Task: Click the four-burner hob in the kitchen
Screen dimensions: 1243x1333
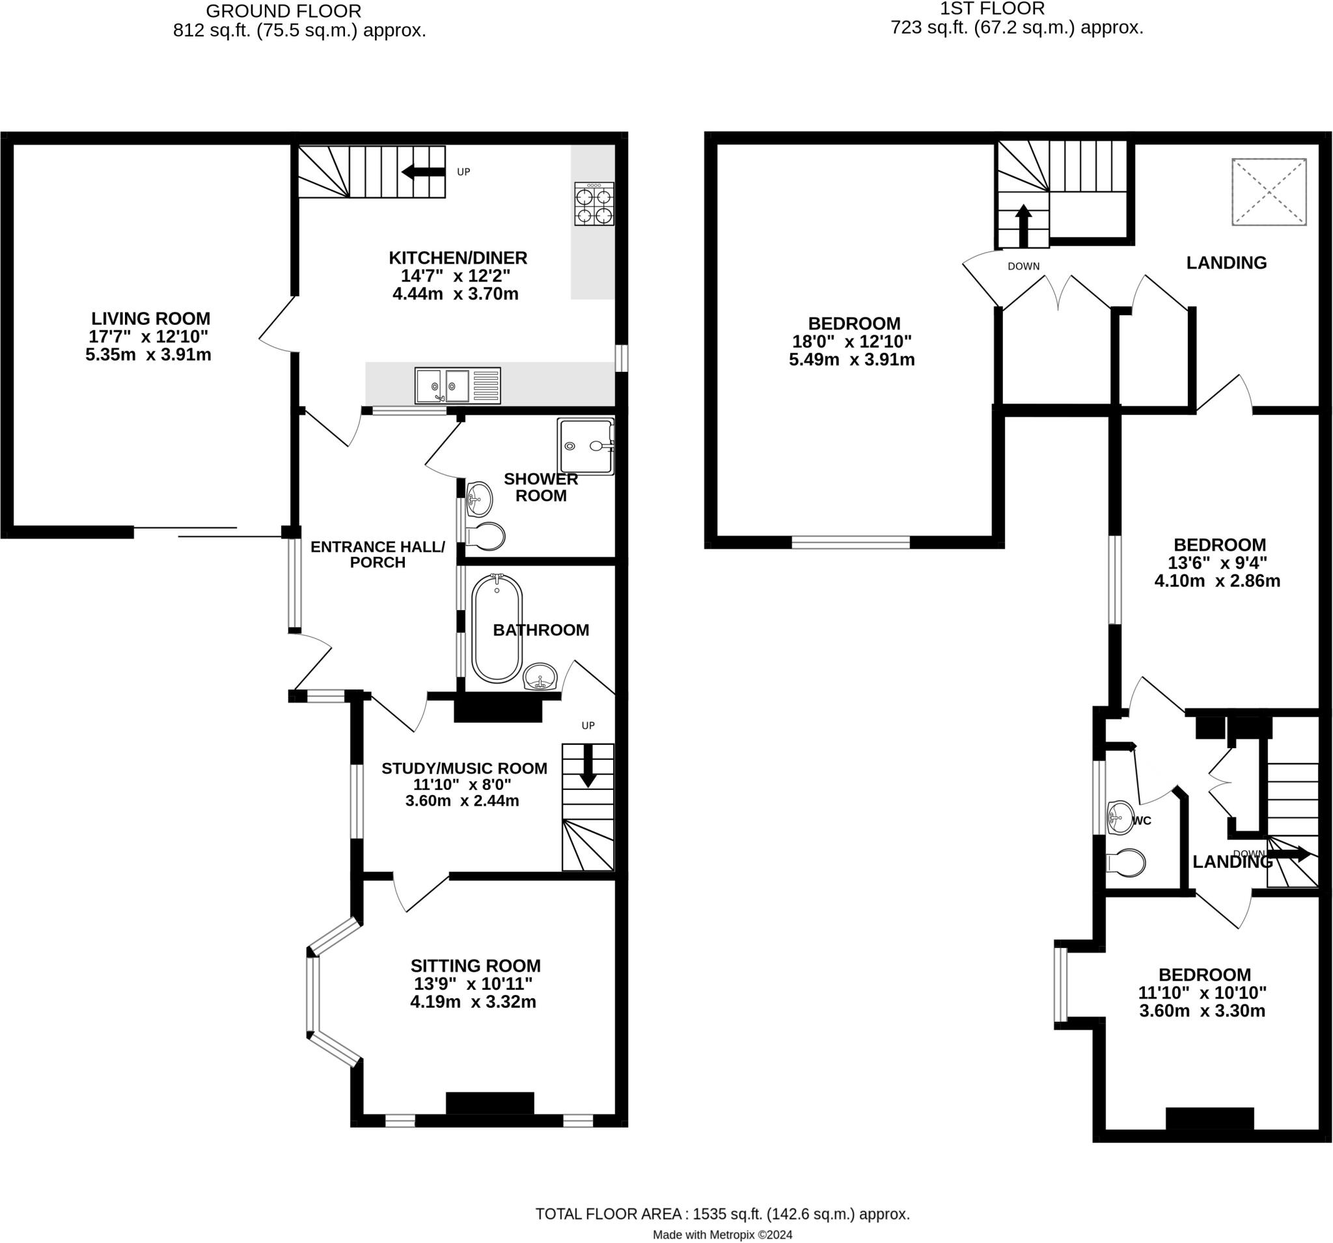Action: [x=594, y=203]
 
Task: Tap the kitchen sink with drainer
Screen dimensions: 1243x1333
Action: [x=458, y=385]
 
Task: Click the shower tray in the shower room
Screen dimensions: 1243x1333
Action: [x=585, y=446]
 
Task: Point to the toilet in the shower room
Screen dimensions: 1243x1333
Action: [x=486, y=536]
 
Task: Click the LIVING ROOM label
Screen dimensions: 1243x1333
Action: [x=150, y=318]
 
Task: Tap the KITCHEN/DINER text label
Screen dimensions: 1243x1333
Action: [x=458, y=258]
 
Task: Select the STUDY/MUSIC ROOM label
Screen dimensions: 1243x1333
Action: [x=464, y=768]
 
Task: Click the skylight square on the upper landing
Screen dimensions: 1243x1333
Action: [x=1269, y=192]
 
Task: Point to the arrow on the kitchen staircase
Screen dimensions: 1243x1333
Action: [x=422, y=173]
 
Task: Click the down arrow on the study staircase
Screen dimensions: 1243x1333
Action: [x=587, y=764]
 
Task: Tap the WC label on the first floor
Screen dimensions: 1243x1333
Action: [x=1142, y=820]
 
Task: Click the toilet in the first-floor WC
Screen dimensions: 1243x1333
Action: [x=1127, y=863]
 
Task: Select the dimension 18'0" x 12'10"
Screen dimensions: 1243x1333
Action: [x=851, y=341]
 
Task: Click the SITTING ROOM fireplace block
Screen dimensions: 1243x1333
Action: [x=489, y=1103]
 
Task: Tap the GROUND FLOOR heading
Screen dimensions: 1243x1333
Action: [x=283, y=12]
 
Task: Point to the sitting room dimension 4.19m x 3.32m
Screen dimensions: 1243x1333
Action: [x=473, y=1001]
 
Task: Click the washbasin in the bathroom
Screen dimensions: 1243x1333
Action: [x=540, y=675]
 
